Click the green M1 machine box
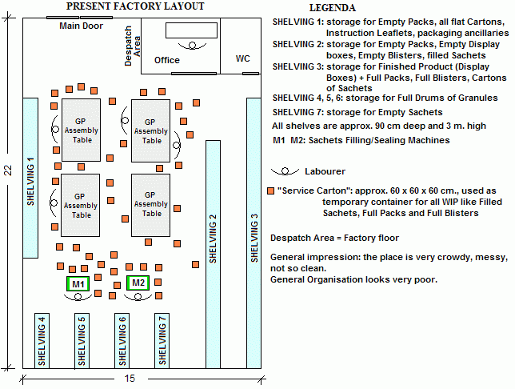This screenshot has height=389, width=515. (x=78, y=283)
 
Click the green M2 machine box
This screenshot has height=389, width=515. (x=138, y=283)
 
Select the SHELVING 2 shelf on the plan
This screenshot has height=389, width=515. (x=213, y=254)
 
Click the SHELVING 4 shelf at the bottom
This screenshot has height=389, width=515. (x=42, y=341)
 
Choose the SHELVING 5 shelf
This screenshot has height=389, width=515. (x=82, y=341)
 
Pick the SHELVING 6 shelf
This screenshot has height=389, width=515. (x=122, y=341)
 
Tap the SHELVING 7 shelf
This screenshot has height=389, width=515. (x=162, y=341)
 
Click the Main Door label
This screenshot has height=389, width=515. (x=82, y=26)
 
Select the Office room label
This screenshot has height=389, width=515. (x=167, y=60)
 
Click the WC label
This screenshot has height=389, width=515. (x=242, y=59)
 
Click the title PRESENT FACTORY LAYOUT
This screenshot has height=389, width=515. (x=134, y=6)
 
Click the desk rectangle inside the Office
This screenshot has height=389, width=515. (x=191, y=31)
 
